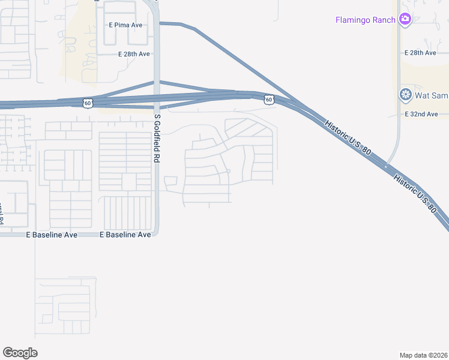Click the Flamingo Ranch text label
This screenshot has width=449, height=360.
(365, 20)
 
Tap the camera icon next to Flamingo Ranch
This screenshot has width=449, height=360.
(405, 19)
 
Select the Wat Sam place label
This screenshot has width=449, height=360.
(431, 95)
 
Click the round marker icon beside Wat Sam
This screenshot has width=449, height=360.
(405, 95)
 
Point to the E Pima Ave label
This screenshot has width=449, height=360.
(125, 25)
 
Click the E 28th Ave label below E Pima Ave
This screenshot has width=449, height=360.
(134, 54)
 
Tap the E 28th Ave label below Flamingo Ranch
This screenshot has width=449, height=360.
(420, 53)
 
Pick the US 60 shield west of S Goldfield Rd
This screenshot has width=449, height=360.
(88, 103)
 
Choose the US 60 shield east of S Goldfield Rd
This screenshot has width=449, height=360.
(269, 100)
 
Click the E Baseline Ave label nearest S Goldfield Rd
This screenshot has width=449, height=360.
(125, 235)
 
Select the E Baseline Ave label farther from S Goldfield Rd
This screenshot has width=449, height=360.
(52, 235)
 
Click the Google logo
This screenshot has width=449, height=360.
(20, 352)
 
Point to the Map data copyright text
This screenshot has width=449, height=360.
(423, 355)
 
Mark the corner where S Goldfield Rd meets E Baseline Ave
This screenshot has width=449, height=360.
(156, 233)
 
